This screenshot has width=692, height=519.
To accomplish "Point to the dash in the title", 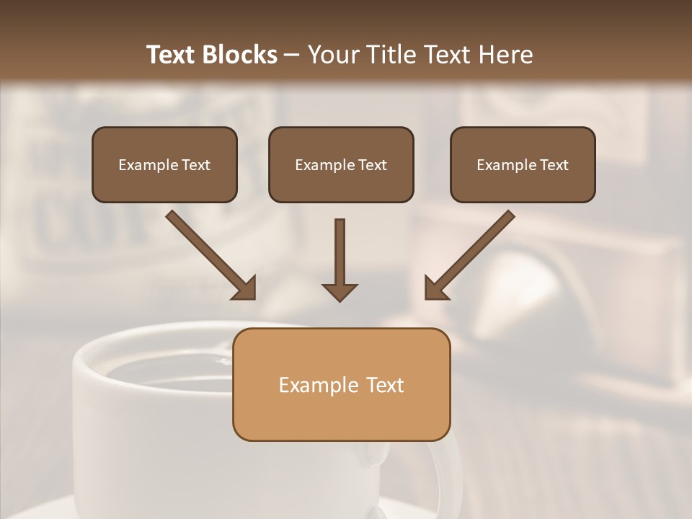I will click(292, 56).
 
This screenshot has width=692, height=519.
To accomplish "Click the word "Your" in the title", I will click(333, 55).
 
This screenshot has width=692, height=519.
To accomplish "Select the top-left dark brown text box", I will click(164, 164).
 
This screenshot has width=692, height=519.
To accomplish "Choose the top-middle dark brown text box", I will click(341, 164).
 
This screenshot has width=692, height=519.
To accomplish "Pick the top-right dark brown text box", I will click(523, 164).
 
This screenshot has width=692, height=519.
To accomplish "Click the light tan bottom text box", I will click(341, 384).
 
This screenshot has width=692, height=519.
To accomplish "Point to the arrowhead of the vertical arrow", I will click(340, 291).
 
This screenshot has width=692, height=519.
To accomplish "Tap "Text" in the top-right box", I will click(554, 165).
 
